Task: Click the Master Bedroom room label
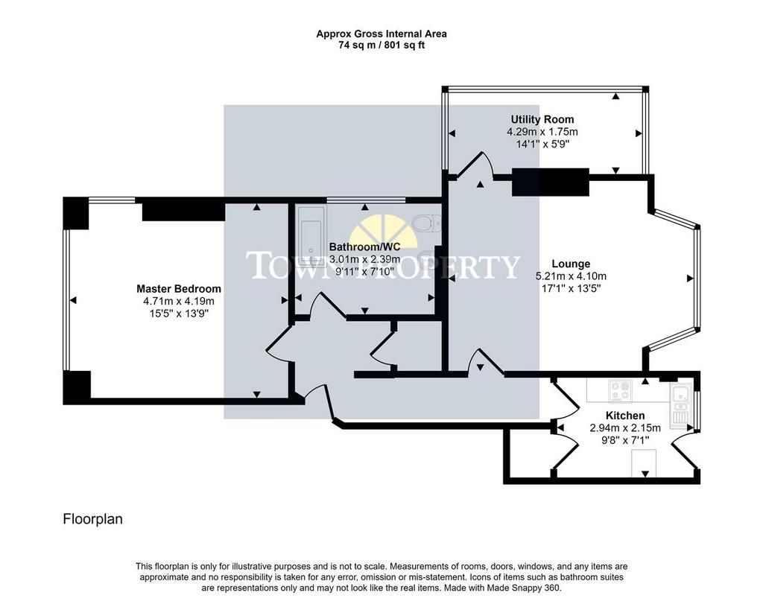(179, 289)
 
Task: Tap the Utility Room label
(542, 119)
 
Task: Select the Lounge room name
(571, 264)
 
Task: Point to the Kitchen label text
(625, 416)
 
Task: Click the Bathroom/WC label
(364, 247)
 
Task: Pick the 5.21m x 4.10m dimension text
(571, 276)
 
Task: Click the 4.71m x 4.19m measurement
(179, 301)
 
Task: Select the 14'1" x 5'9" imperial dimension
(542, 144)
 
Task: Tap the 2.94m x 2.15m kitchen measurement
(625, 428)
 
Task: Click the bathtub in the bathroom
(311, 236)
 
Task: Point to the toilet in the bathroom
(427, 223)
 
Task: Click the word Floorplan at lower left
(92, 519)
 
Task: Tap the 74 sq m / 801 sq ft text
(381, 45)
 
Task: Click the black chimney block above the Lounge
(551, 182)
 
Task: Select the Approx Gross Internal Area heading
(381, 34)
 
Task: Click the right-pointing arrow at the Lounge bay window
(690, 279)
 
